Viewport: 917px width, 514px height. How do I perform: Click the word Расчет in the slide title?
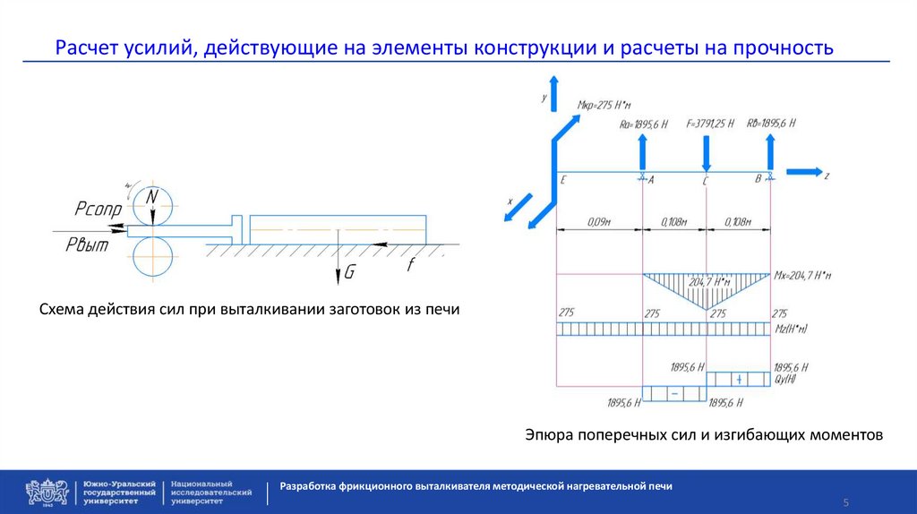85,47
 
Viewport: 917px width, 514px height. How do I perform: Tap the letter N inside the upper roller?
152,197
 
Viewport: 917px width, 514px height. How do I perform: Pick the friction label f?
411,264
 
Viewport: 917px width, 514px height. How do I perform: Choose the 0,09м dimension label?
599,219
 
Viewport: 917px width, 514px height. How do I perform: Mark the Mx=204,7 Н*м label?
802,276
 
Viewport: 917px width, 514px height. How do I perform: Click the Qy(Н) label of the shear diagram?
785,379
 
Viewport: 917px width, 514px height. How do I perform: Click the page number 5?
845,501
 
